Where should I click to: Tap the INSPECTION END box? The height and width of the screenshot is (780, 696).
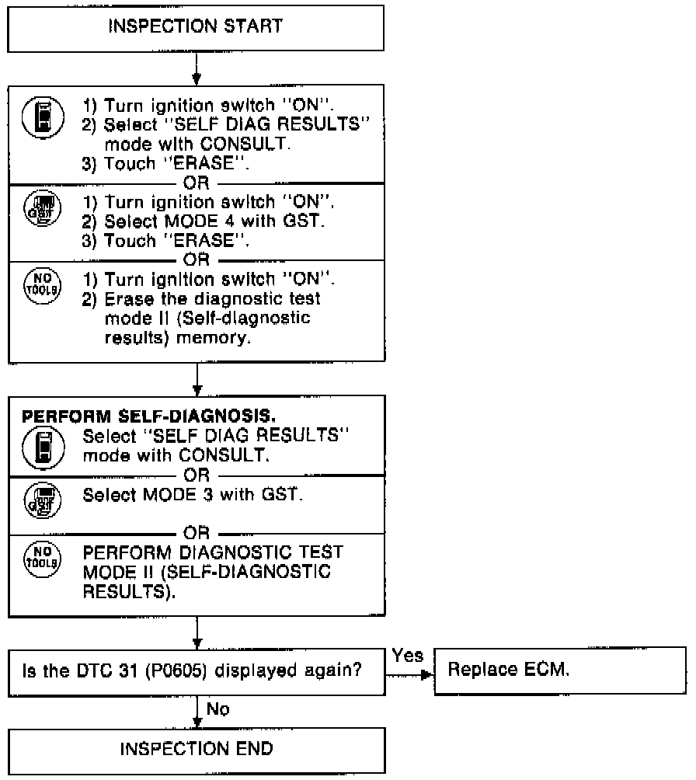pos(196,750)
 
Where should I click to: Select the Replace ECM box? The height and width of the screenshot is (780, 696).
pos(559,670)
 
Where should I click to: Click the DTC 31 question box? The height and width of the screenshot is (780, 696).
pos(196,670)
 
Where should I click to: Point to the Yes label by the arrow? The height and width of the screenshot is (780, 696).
pos(408,655)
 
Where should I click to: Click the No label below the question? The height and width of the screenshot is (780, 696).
pos(218,709)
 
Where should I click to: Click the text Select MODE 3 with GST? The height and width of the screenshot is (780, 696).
pos(190,495)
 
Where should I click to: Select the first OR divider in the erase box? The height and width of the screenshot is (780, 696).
pos(196,183)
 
